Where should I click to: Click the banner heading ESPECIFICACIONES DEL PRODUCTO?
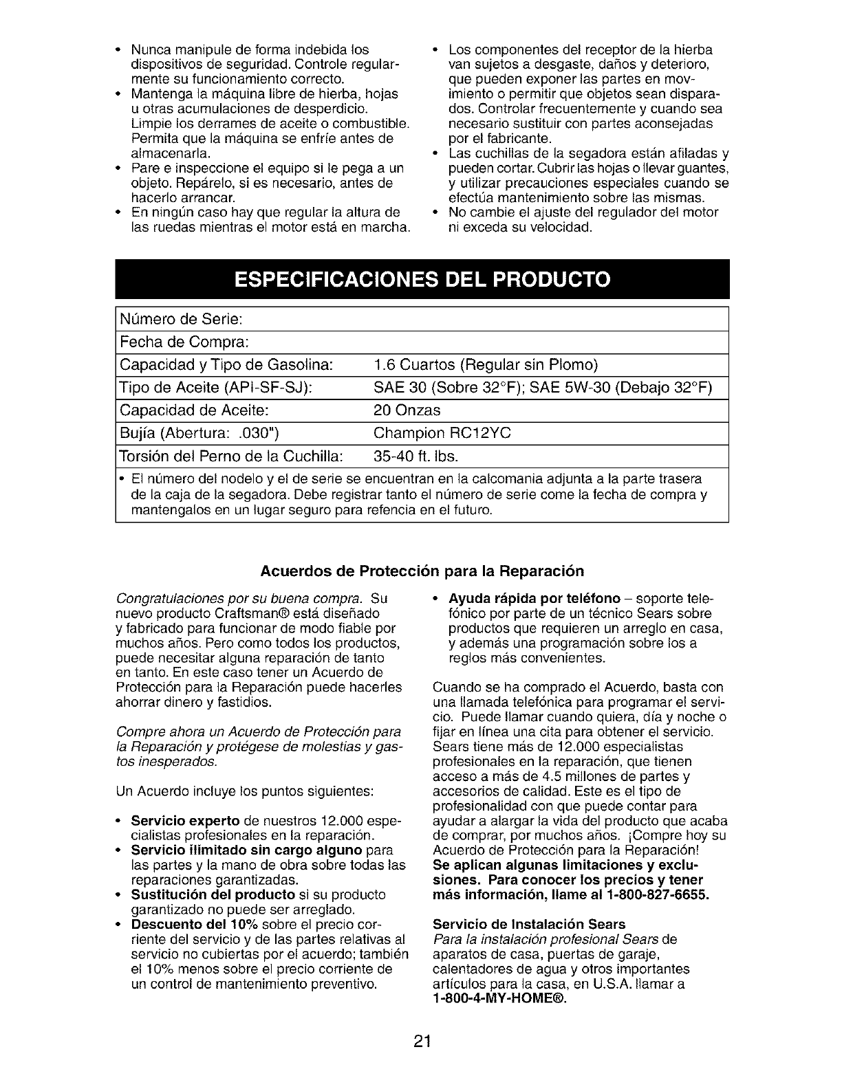click(x=422, y=280)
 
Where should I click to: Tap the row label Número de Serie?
click(x=180, y=320)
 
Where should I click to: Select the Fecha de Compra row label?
click(x=184, y=342)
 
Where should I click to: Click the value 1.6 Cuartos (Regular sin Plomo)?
click(x=486, y=364)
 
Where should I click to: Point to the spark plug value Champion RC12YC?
click(x=442, y=433)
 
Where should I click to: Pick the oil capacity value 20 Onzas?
click(x=407, y=410)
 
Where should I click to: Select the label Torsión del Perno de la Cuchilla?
click(x=231, y=456)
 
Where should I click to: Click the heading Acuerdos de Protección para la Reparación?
click(x=422, y=571)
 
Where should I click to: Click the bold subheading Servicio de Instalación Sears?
click(x=529, y=924)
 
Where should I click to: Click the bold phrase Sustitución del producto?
click(x=213, y=895)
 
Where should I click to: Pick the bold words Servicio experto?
click(x=185, y=822)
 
